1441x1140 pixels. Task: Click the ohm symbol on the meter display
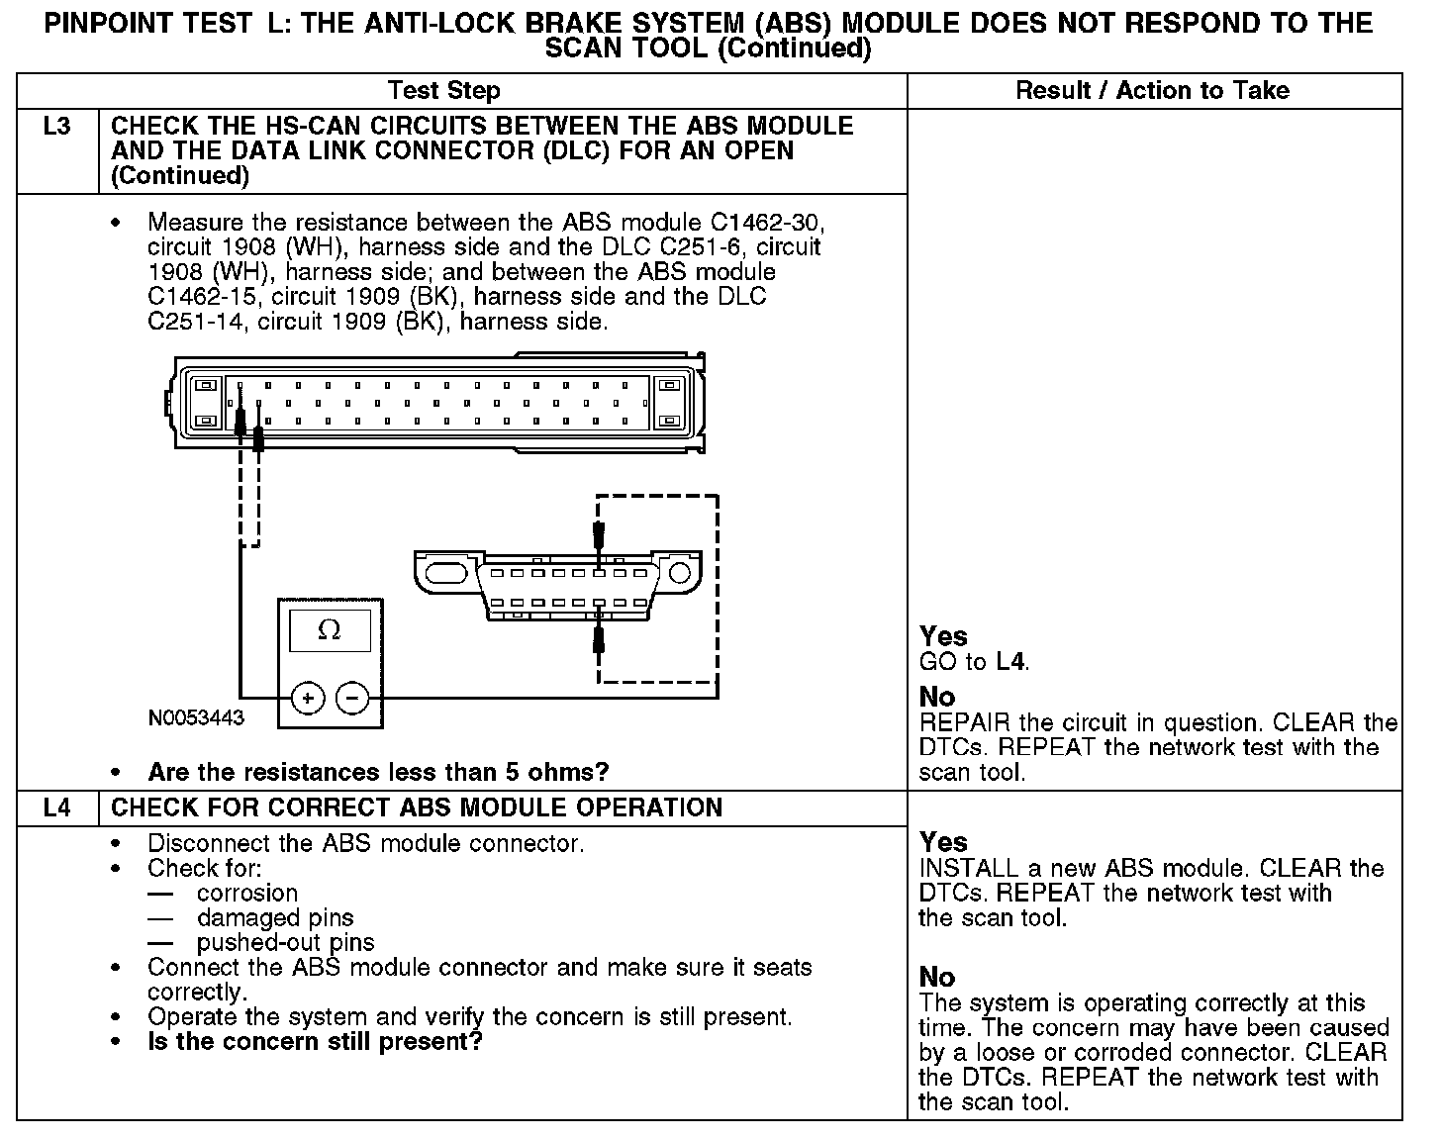tap(330, 630)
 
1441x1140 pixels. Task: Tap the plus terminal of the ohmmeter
tap(308, 699)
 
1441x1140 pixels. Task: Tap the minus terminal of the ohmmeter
tap(353, 699)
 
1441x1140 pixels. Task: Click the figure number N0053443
tap(196, 717)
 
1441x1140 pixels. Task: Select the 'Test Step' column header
tap(444, 91)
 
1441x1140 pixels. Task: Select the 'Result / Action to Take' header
tap(1153, 91)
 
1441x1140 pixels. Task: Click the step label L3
tap(57, 127)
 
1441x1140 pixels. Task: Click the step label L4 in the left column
tap(57, 807)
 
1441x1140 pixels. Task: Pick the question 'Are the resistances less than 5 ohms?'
tap(378, 772)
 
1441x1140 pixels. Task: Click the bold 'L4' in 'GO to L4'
tap(1009, 662)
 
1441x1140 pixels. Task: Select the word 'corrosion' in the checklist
tap(247, 893)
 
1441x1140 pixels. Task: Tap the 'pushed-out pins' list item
tap(285, 942)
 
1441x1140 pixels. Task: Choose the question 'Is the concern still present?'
tap(315, 1042)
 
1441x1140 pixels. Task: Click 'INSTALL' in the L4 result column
tap(969, 869)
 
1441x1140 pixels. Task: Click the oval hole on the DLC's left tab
tap(445, 574)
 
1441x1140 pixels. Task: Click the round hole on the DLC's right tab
tap(680, 574)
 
